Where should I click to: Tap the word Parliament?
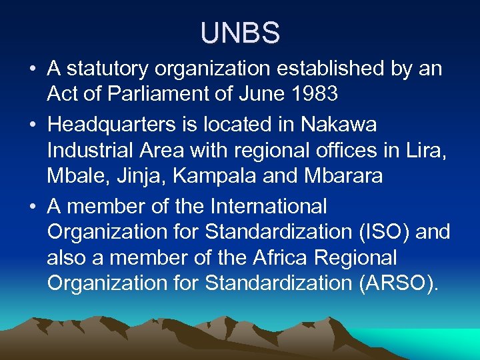149,95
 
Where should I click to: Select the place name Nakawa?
339,125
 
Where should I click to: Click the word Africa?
283,258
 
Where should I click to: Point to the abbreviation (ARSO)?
399,283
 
